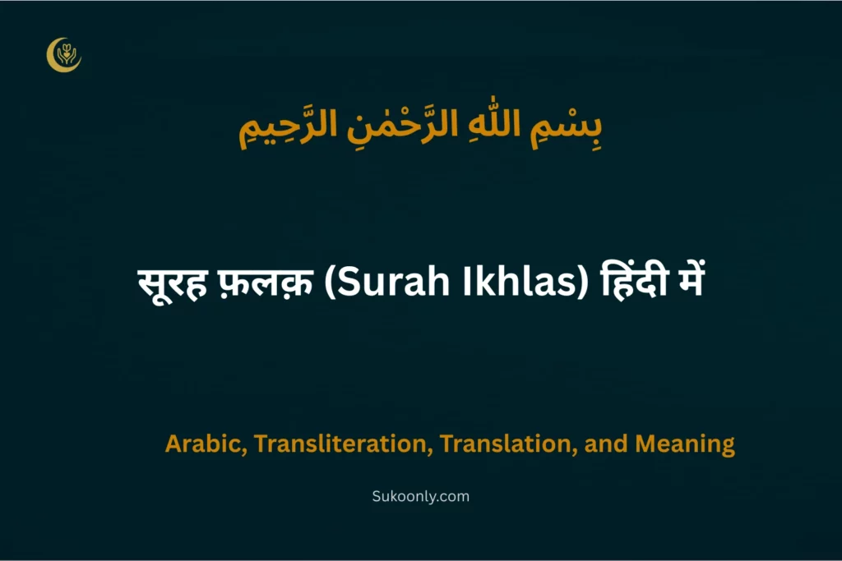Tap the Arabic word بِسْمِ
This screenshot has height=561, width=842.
(571, 131)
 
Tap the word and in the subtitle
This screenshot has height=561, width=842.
(608, 444)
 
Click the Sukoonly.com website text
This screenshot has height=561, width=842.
(421, 496)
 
